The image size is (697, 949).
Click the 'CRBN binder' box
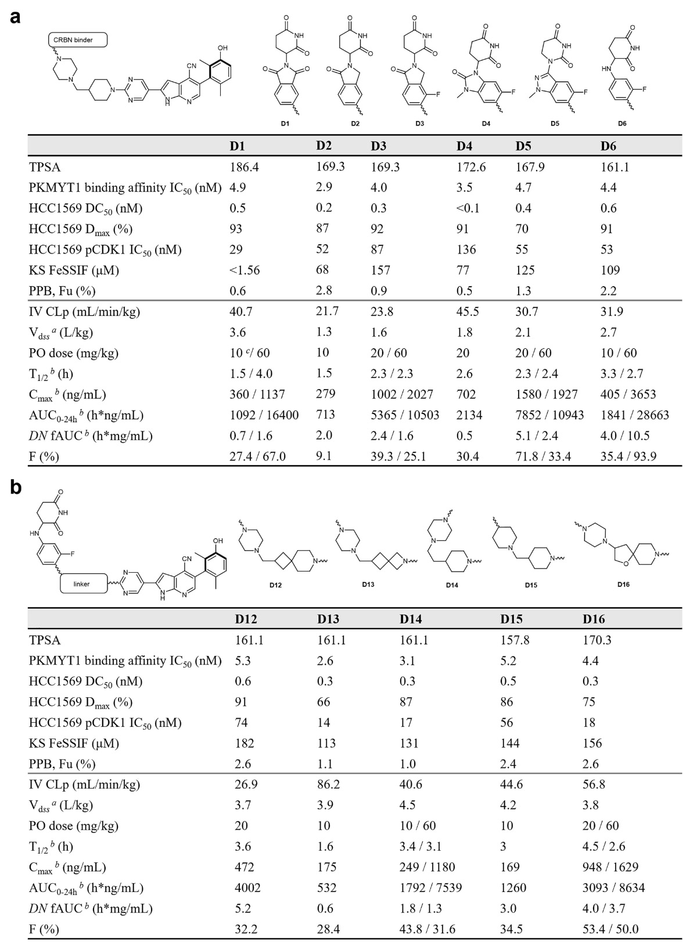coord(78,40)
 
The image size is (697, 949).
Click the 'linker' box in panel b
coord(84,583)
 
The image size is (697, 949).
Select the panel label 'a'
coord(15,16)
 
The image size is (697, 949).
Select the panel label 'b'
coord(15,487)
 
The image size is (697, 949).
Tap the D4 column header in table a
coord(464,146)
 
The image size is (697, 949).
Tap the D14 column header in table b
coord(411,619)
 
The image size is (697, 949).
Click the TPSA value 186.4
coord(244,167)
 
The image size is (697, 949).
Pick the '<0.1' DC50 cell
coord(468,208)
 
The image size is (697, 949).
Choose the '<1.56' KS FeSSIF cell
coord(245,270)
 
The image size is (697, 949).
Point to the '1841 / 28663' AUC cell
coord(634,415)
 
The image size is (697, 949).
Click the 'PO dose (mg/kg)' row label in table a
coord(74,353)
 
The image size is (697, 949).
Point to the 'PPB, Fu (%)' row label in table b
coord(62,764)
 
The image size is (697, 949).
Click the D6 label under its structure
coord(622,124)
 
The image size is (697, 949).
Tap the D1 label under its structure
coord(285,124)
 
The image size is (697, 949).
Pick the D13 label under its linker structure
coord(368,584)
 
